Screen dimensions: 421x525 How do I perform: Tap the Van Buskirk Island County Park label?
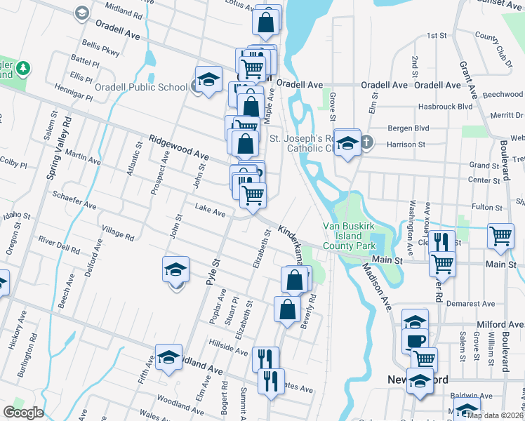(350, 236)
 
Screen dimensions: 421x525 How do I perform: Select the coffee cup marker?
(415, 340)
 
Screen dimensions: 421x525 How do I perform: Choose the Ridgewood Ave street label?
(178, 147)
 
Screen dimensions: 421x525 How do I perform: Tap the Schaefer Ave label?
(74, 199)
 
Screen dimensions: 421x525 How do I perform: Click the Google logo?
(23, 413)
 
